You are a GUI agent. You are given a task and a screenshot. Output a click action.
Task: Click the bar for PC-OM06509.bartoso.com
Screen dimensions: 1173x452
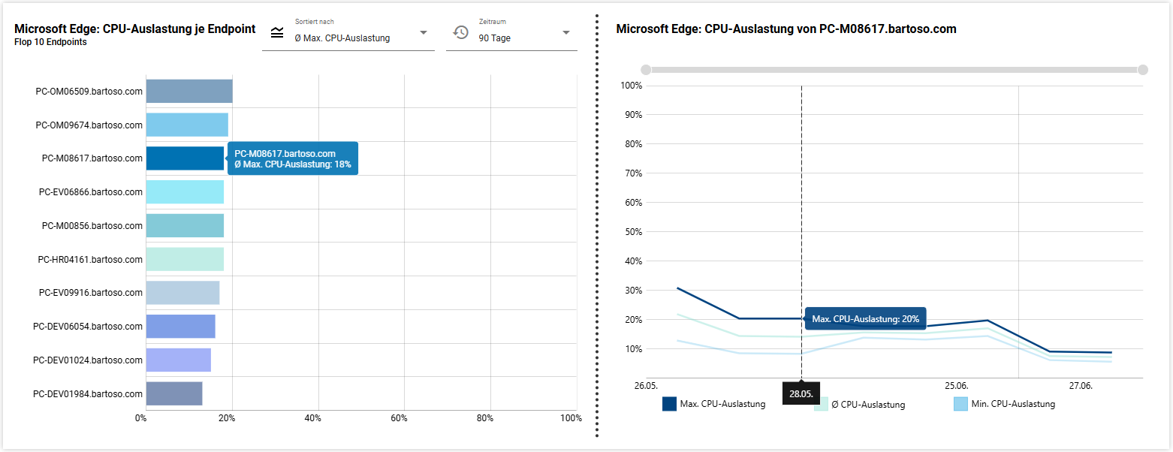189,91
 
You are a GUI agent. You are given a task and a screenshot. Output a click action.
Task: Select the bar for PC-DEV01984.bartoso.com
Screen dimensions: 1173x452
174,393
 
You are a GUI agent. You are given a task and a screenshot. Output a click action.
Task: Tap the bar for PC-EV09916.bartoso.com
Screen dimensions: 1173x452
182,293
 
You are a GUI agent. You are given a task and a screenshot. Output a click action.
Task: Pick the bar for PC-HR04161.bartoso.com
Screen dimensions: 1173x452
185,259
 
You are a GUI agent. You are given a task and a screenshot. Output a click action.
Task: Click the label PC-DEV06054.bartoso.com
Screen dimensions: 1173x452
87,327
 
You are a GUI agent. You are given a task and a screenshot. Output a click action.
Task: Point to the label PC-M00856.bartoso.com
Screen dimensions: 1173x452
92,226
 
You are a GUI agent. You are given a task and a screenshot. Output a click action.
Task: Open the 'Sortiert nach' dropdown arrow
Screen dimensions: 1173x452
424,32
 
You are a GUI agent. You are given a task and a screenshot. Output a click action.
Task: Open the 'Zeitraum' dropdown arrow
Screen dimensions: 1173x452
566,32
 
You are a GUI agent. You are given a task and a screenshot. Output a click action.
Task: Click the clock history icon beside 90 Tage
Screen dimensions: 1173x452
461,32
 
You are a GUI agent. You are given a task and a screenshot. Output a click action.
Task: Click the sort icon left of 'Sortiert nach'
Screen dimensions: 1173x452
277,32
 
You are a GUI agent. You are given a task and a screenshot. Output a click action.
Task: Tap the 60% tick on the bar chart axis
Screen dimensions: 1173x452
399,418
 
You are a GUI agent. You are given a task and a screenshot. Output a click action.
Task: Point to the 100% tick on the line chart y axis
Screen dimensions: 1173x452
631,86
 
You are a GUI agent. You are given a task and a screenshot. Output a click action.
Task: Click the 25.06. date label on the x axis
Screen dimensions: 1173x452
956,386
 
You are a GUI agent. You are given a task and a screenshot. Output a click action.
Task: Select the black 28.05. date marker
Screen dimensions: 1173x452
801,393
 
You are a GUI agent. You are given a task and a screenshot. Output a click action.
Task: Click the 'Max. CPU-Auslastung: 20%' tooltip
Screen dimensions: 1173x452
865,318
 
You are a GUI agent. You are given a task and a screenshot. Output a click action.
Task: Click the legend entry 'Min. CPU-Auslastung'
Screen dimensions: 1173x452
1004,404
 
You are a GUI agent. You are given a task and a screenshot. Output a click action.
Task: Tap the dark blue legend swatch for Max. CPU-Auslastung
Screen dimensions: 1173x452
669,404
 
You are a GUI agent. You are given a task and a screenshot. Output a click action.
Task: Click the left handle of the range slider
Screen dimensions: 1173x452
646,70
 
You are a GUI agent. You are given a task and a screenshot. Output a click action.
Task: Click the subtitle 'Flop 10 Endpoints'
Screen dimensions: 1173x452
50,42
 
